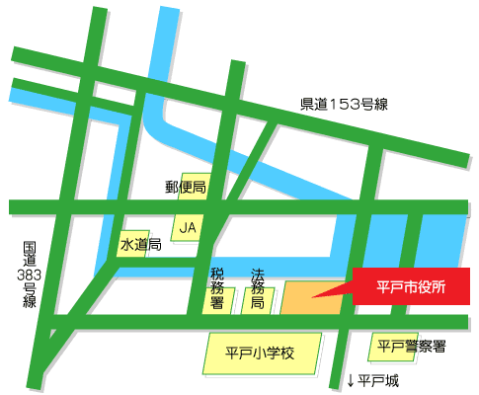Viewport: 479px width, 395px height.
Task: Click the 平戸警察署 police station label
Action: pyautogui.click(x=412, y=347)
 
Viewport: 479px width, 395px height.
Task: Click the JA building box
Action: pyautogui.click(x=188, y=226)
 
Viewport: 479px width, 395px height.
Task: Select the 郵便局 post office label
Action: pyautogui.click(x=186, y=186)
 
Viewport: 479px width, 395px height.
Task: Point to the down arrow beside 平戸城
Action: pyautogui.click(x=350, y=381)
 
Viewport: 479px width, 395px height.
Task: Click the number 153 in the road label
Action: pyautogui.click(x=341, y=104)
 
